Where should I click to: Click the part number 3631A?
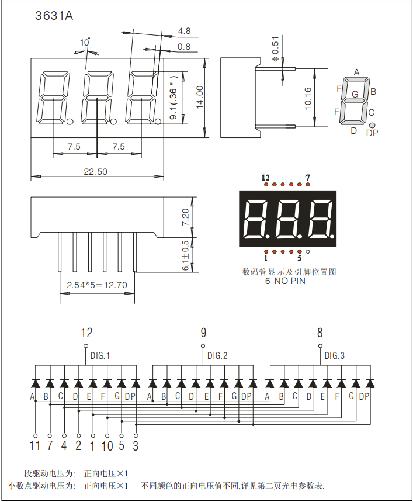[54, 16]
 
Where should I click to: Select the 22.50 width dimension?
[95, 171]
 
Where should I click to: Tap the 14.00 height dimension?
[199, 97]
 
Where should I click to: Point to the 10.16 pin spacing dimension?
[308, 98]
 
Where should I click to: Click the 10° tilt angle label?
[85, 43]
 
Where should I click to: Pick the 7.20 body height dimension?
[186, 217]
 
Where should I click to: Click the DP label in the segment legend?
[372, 133]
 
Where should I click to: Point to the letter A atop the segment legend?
[356, 72]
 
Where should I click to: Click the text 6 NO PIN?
[285, 281]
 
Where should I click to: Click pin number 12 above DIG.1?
[86, 333]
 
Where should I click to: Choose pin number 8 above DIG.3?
[320, 333]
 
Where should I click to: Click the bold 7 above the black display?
[307, 177]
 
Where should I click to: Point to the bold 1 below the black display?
[266, 258]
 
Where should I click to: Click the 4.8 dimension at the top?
[184, 30]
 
